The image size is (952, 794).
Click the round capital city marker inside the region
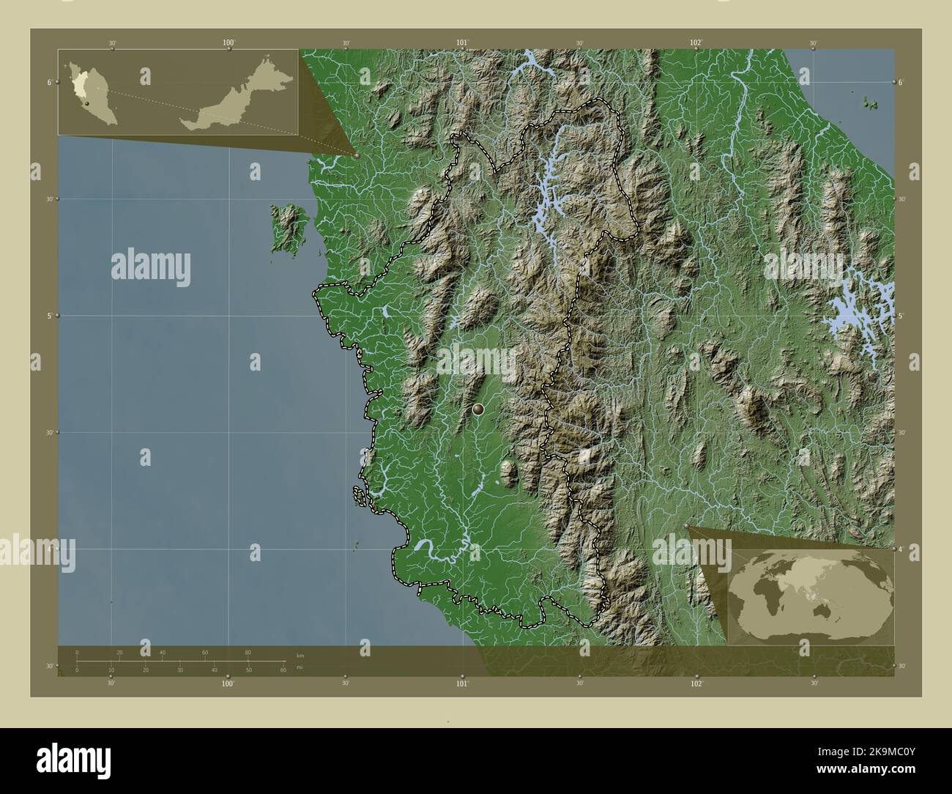[479, 409]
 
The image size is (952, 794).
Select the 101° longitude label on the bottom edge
[462, 683]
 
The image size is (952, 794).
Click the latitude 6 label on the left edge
[49, 82]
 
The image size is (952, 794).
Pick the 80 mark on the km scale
[248, 652]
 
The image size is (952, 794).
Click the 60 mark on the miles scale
[283, 669]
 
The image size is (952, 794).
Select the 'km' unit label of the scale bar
[300, 655]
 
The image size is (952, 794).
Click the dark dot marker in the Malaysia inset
[86, 104]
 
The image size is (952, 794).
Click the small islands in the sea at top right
[871, 103]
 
